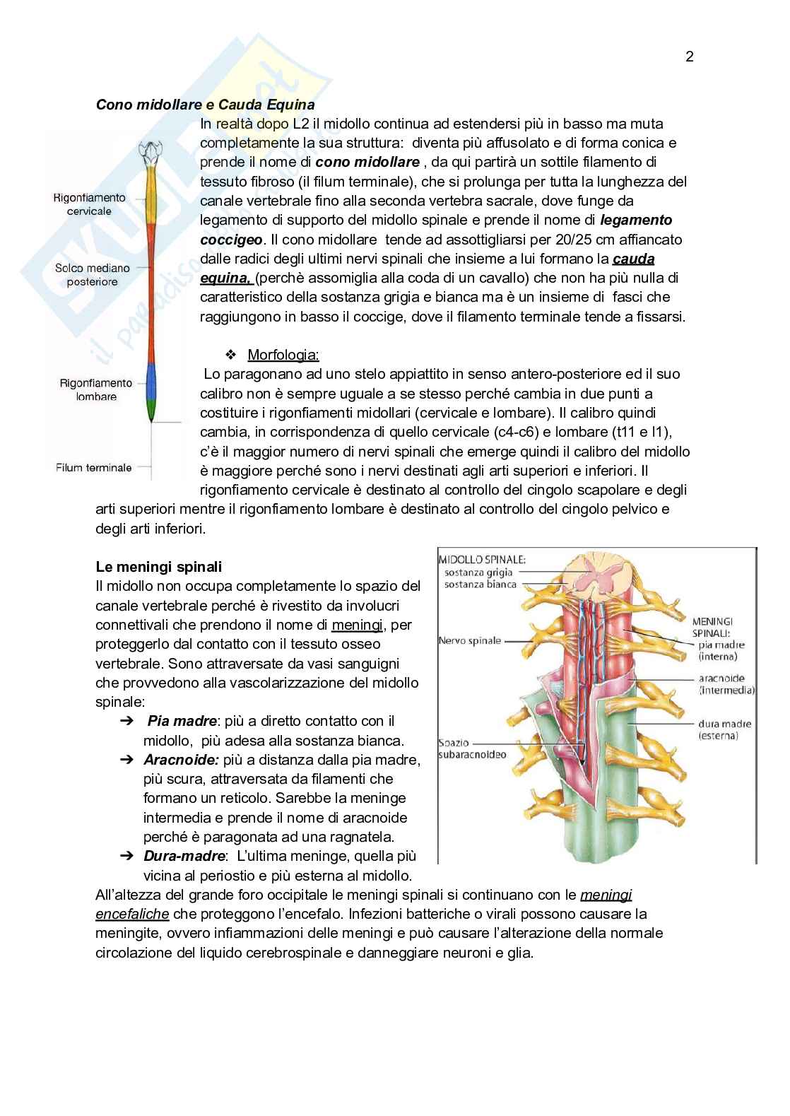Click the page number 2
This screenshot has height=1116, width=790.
[x=689, y=57]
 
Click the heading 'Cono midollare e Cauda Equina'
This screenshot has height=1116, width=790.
[x=205, y=105]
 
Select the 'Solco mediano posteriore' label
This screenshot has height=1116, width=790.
[x=92, y=275]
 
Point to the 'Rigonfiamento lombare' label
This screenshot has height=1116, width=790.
[x=96, y=389]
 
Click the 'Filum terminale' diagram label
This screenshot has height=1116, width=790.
[x=93, y=468]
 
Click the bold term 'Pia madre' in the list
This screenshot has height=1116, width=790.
[x=181, y=721]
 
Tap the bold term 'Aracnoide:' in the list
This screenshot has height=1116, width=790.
[x=182, y=760]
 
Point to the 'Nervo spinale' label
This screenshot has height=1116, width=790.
[x=469, y=640]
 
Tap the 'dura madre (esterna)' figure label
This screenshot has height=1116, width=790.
[x=724, y=729]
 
